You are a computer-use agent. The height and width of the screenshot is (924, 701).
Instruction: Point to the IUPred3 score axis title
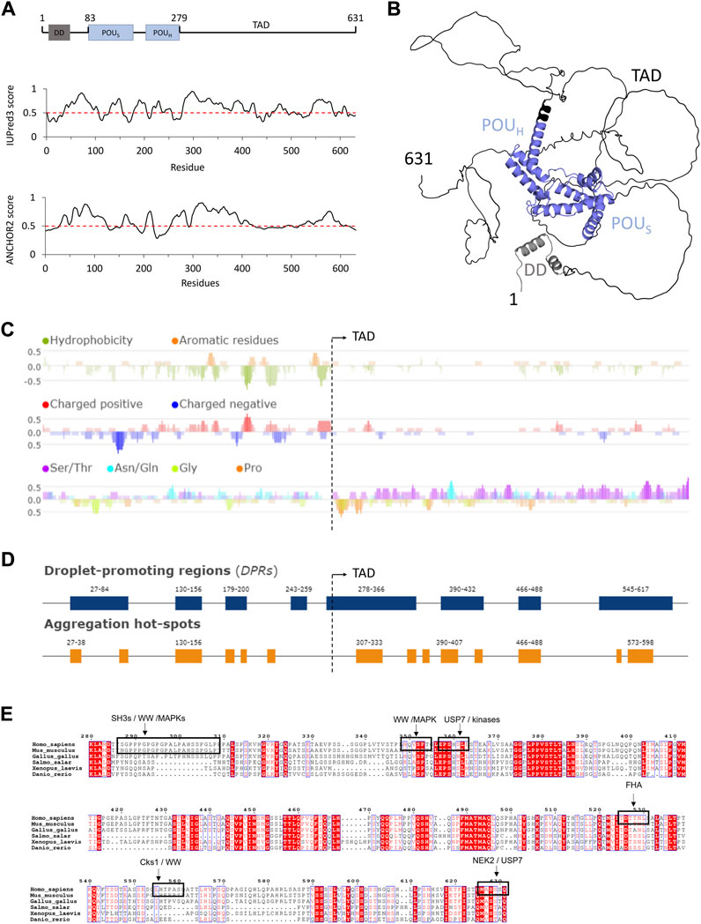pyautogui.click(x=11, y=113)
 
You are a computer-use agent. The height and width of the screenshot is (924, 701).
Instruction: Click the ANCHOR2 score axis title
pyautogui.click(x=11, y=227)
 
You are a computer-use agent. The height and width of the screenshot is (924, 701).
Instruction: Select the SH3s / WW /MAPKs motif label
pyautogui.click(x=144, y=693)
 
